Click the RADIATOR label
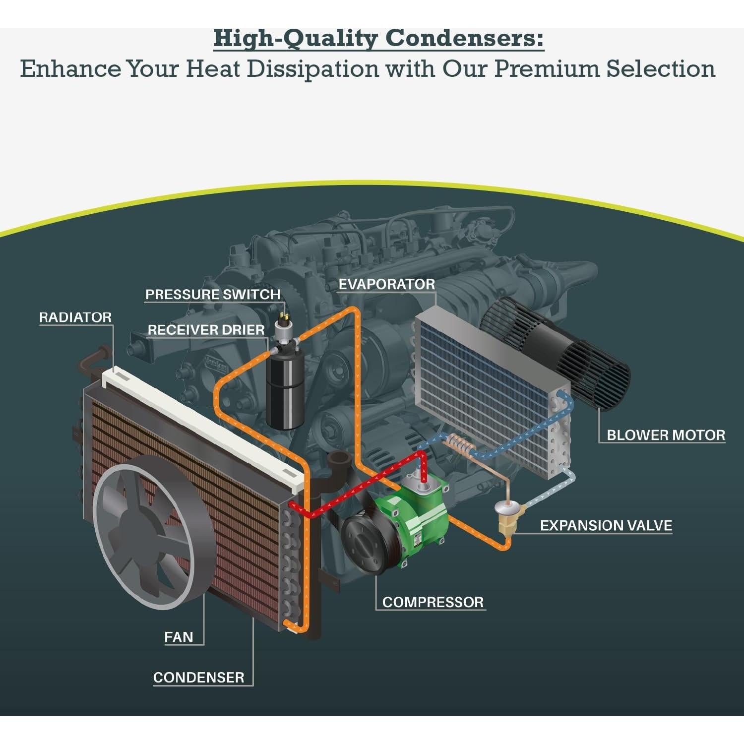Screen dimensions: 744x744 point(75,317)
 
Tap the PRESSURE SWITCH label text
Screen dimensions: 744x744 point(213,295)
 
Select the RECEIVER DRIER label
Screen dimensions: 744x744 point(206,330)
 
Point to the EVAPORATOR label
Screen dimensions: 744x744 point(386,284)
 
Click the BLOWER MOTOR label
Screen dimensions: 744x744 point(666,435)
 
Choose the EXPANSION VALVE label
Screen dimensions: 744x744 point(606,526)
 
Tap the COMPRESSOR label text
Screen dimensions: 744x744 point(433,602)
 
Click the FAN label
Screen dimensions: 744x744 point(179,637)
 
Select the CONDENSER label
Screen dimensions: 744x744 point(198,678)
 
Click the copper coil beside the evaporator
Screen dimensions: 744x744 point(459,445)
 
